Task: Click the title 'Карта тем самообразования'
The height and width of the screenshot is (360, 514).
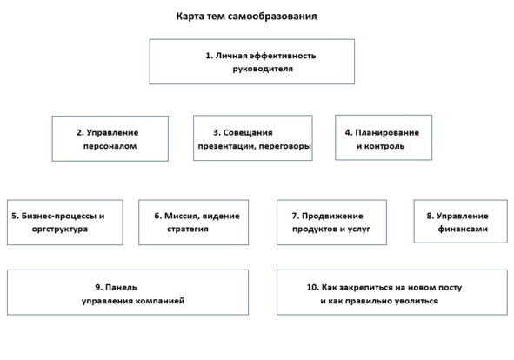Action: click(246, 16)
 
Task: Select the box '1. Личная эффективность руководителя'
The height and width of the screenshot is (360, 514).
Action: click(252, 62)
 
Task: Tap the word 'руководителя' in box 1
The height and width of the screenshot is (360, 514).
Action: click(263, 69)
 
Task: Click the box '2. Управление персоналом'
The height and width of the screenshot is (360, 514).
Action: click(110, 138)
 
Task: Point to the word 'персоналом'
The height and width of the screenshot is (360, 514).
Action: click(110, 146)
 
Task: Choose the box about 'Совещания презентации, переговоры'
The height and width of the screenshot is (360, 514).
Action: click(253, 137)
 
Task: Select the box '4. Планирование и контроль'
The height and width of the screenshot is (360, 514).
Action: click(384, 137)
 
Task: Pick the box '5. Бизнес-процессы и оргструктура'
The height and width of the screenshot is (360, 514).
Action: click(65, 223)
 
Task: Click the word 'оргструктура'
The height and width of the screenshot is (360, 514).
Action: click(60, 229)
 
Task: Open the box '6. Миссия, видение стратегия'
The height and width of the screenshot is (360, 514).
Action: click(193, 223)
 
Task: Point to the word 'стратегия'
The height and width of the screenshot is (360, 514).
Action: click(188, 229)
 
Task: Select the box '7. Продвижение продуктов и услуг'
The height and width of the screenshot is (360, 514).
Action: click(331, 223)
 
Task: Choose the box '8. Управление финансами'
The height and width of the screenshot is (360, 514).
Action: click(461, 222)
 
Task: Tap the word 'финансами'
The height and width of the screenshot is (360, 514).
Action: click(463, 229)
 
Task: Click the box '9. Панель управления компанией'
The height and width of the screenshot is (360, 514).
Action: click(128, 292)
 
